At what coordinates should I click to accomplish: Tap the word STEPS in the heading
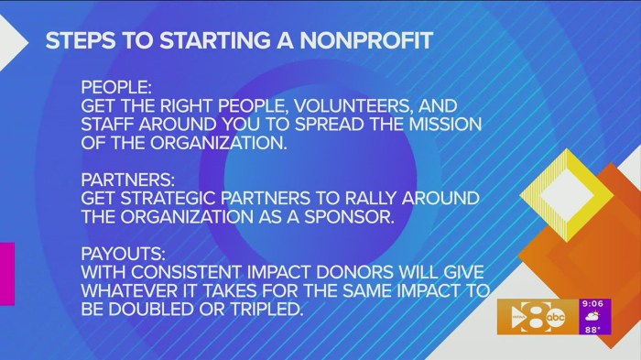coord(79,42)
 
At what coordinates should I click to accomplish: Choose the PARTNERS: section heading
coord(124,179)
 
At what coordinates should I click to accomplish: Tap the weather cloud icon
coord(593,317)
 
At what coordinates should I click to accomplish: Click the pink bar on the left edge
coord(6,273)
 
